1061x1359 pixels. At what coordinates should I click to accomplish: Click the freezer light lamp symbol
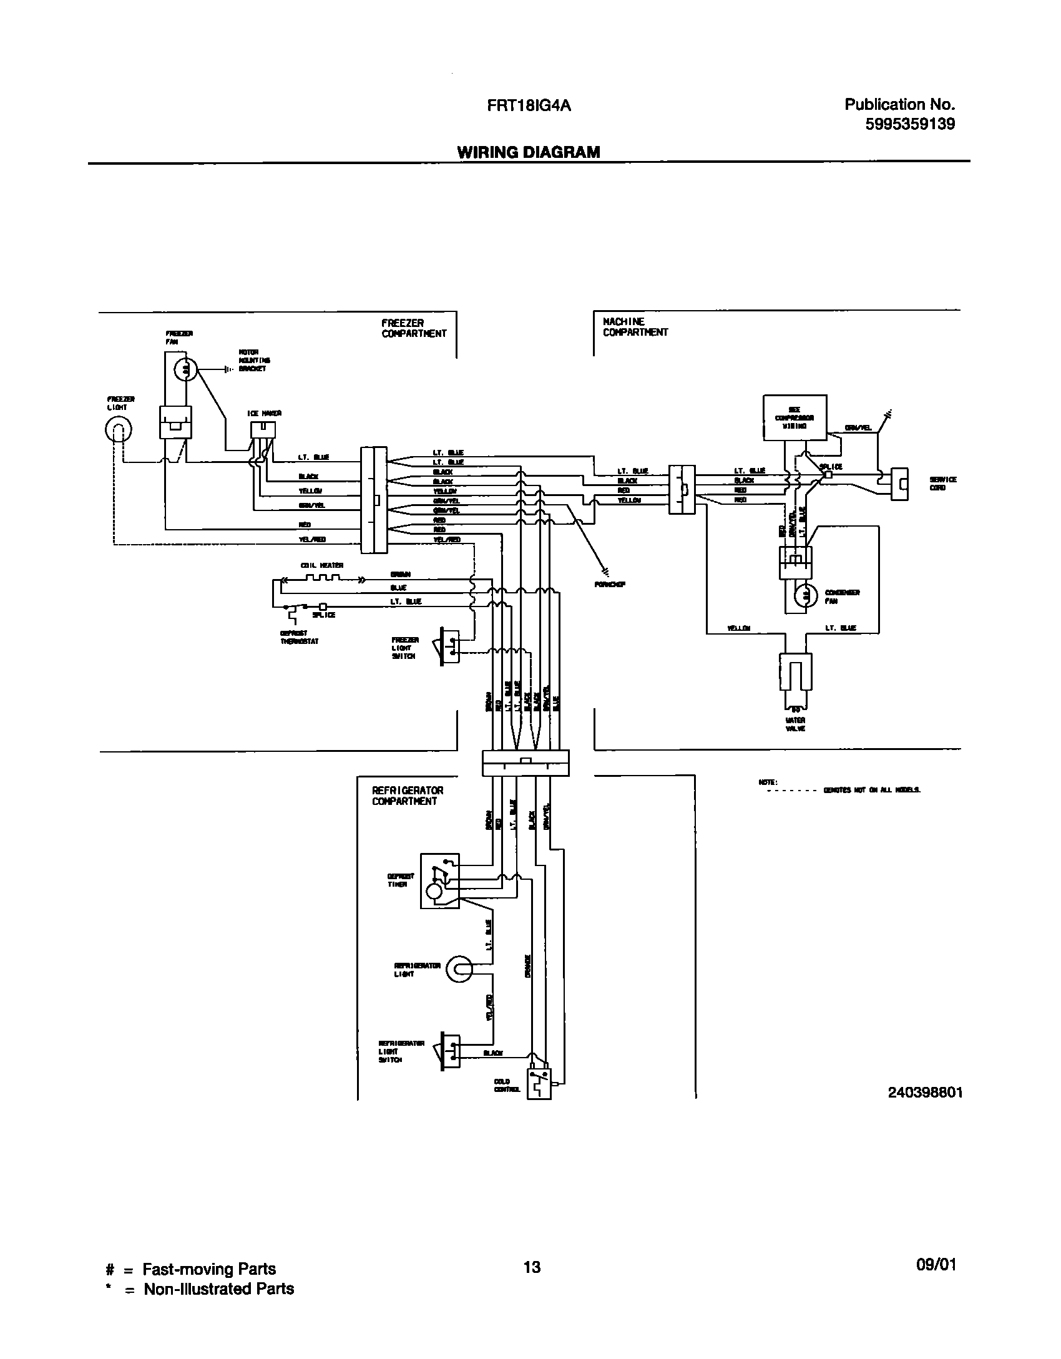(x=119, y=429)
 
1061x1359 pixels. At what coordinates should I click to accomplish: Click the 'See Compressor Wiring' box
(x=795, y=417)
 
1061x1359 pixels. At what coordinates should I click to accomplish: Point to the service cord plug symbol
(x=899, y=484)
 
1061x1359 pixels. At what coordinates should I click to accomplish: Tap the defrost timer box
(x=440, y=880)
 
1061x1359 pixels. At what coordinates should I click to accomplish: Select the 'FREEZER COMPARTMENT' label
(x=414, y=328)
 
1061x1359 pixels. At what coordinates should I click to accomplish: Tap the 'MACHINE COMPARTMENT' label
(x=635, y=327)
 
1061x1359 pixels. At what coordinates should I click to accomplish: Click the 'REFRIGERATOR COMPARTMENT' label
(x=408, y=796)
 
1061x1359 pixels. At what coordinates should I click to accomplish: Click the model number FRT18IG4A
(x=529, y=105)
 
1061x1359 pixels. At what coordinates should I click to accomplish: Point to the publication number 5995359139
(x=909, y=124)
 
